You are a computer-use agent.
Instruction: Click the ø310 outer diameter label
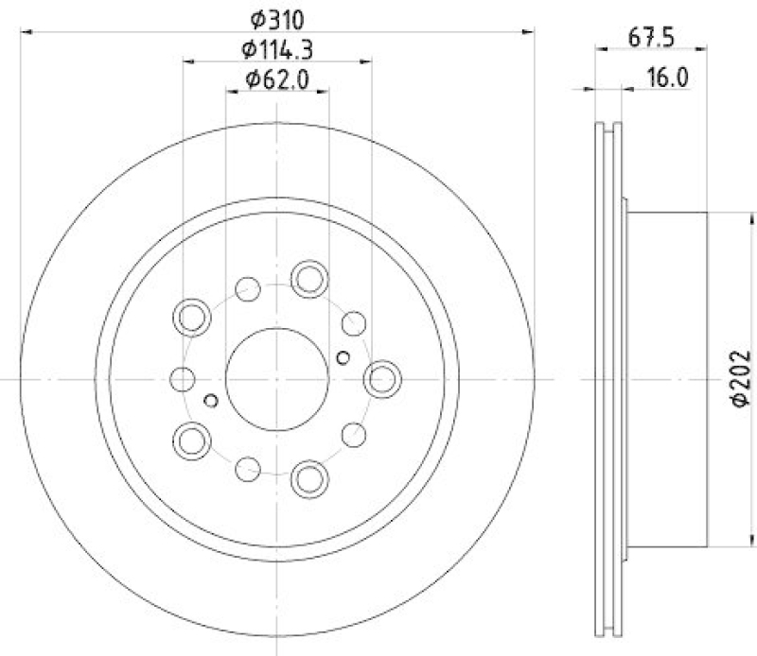tap(277, 17)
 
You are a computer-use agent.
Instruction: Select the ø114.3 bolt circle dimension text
tap(277, 48)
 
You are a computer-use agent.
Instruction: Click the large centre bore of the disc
tap(277, 378)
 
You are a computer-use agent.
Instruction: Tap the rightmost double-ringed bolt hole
tap(382, 378)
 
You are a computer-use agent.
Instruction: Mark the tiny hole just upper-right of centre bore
tap(343, 356)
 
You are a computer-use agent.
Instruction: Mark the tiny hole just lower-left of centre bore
tap(211, 400)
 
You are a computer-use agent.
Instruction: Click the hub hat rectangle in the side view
tap(667, 378)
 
